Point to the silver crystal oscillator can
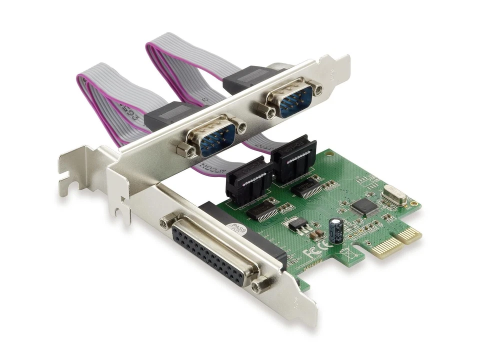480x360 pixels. point(391,195)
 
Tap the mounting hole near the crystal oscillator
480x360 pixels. point(413,203)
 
